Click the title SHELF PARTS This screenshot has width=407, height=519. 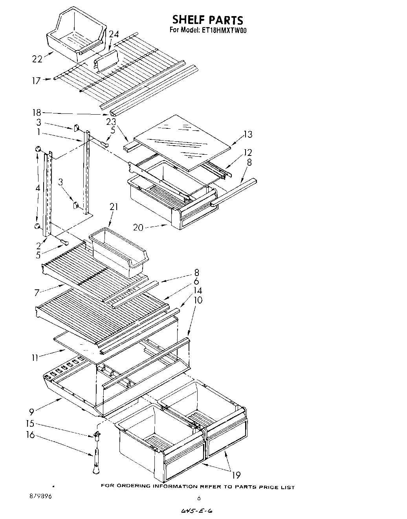[x=208, y=20]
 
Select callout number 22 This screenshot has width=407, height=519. [x=37, y=59]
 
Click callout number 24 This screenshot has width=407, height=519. [x=114, y=35]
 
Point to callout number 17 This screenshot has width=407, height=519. [x=36, y=80]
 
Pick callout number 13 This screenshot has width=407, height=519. [x=247, y=135]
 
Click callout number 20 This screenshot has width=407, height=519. [x=138, y=227]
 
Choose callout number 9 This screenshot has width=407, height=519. [x=31, y=411]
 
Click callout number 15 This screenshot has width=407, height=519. [x=30, y=424]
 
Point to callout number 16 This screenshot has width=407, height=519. [x=30, y=435]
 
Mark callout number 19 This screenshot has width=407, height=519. [x=236, y=475]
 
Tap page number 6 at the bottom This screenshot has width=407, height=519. [x=199, y=498]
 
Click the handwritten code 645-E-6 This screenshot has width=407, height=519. [x=198, y=511]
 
